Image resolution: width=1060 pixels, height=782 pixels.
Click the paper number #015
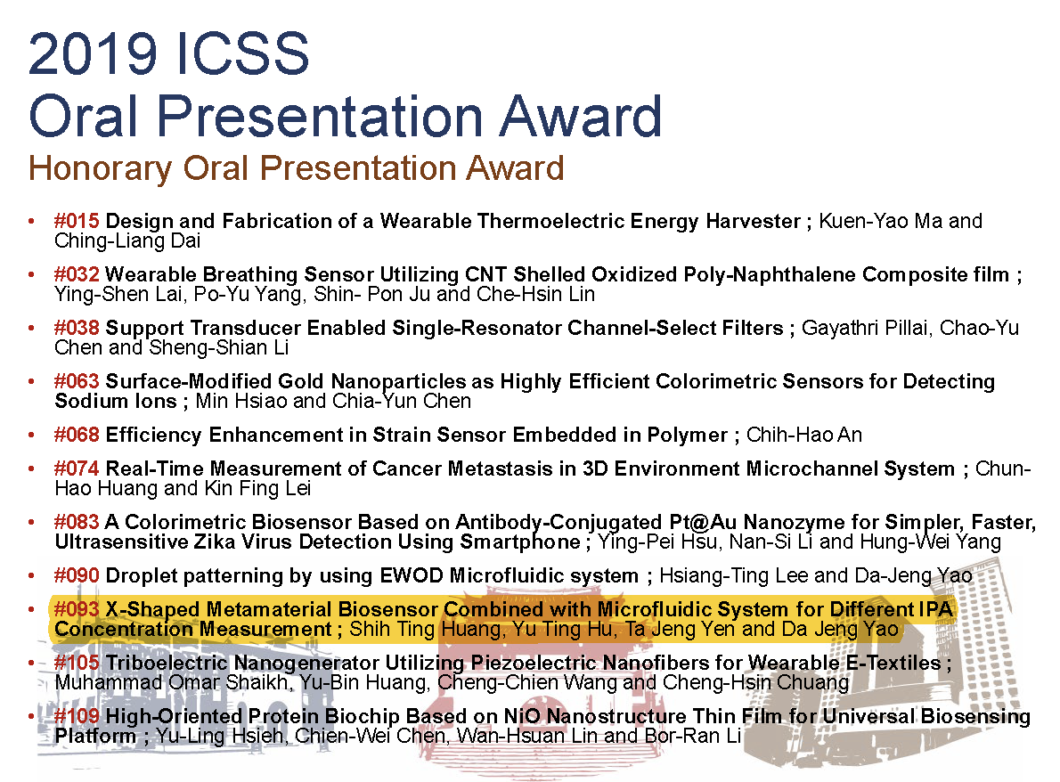click(77, 221)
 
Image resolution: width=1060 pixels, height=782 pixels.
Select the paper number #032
click(77, 274)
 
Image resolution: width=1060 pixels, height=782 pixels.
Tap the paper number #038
click(77, 328)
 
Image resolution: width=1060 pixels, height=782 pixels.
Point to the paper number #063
click(77, 381)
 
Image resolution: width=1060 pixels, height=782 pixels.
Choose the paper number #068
click(77, 435)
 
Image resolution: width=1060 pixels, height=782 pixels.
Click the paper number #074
click(77, 468)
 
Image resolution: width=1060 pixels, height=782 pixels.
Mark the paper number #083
click(77, 522)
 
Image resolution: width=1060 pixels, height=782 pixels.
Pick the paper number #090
click(77, 576)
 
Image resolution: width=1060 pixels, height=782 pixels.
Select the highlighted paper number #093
click(77, 609)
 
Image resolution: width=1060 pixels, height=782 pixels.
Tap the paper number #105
click(77, 663)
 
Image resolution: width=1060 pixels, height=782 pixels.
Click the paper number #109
click(77, 716)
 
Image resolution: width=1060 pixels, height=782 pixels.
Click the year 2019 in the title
click(94, 53)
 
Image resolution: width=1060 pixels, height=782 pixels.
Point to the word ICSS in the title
click(241, 53)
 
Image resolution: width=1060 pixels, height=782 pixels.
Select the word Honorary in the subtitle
click(100, 168)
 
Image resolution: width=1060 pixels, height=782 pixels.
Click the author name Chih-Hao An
click(804, 435)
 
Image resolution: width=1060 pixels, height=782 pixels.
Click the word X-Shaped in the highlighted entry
click(153, 609)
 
